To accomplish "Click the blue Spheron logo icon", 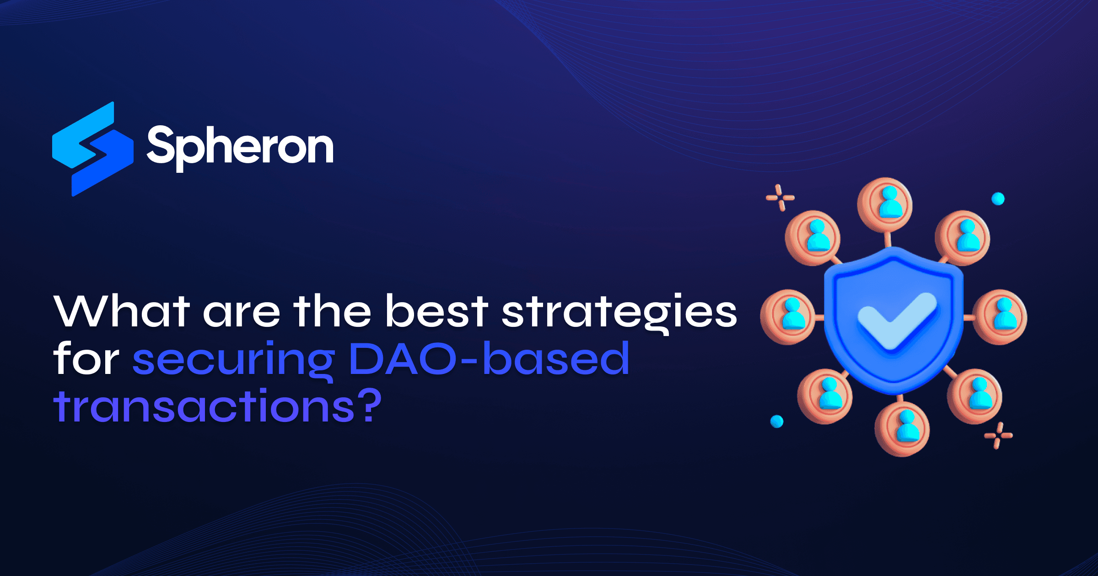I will point(93,149).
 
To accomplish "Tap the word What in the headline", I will point(121,312).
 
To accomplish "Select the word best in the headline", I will point(436,312).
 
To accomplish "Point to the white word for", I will point(86,359).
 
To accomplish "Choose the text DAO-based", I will point(489,359).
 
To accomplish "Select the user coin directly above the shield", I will point(885,204).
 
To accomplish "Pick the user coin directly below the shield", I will point(902,428).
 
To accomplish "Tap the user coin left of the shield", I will point(787,316).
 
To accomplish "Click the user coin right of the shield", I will point(1000,316).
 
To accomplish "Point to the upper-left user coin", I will point(813,238).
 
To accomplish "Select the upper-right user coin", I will point(963,238).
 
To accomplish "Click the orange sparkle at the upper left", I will point(780,198).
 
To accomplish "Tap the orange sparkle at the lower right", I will point(998,435).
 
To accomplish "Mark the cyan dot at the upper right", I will point(998,199).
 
